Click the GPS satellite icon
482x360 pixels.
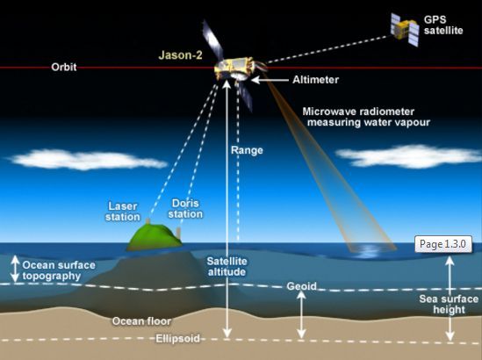pos(405,29)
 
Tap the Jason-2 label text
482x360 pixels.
pos(181,55)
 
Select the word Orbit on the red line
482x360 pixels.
pos(64,67)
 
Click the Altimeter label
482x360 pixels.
pos(316,80)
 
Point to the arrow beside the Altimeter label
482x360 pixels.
pos(270,80)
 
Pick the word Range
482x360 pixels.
pos(248,150)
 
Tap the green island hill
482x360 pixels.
pos(155,236)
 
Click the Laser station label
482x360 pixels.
pos(123,212)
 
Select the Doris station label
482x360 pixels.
pos(185,208)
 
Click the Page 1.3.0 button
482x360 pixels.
pos(443,244)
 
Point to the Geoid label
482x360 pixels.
pos(301,286)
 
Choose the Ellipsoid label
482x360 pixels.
pos(177,338)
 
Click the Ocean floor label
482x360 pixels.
pos(141,321)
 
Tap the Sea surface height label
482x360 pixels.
pos(449,304)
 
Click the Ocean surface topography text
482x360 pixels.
pos(59,270)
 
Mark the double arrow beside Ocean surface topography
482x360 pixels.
pos(15,269)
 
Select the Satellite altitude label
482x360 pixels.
pos(227,267)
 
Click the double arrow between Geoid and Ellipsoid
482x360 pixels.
pos(301,314)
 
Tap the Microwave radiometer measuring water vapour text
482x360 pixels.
pos(366,117)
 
